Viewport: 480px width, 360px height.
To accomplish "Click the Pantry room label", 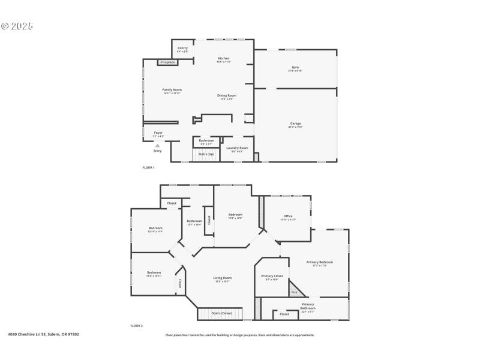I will [182, 48].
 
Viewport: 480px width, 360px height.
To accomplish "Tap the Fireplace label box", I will [167, 62].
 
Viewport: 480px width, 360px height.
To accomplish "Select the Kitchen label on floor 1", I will [224, 58].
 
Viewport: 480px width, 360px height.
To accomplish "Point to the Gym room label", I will [295, 67].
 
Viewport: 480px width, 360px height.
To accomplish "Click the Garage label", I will [295, 124].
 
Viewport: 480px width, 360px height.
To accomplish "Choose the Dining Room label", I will [226, 95].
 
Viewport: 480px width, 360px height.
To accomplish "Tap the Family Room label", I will [172, 90].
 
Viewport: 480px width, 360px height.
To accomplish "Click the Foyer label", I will [158, 133].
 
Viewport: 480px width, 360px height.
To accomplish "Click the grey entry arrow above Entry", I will [157, 145].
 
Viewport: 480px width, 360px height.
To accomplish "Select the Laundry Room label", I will [237, 148].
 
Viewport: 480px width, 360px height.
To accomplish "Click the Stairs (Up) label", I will [206, 154].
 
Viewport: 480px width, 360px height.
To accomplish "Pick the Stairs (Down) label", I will [222, 313].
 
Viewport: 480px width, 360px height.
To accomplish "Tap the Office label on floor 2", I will [287, 216].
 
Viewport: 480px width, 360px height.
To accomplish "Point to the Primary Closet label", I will [271, 276].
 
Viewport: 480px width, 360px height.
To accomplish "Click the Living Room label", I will [223, 278].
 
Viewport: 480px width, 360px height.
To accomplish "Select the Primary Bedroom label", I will [319, 262].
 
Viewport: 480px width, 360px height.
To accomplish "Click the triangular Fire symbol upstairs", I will [295, 292].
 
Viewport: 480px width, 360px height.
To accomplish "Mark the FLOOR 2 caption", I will [136, 325].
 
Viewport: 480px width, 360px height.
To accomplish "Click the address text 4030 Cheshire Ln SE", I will [43, 335].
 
